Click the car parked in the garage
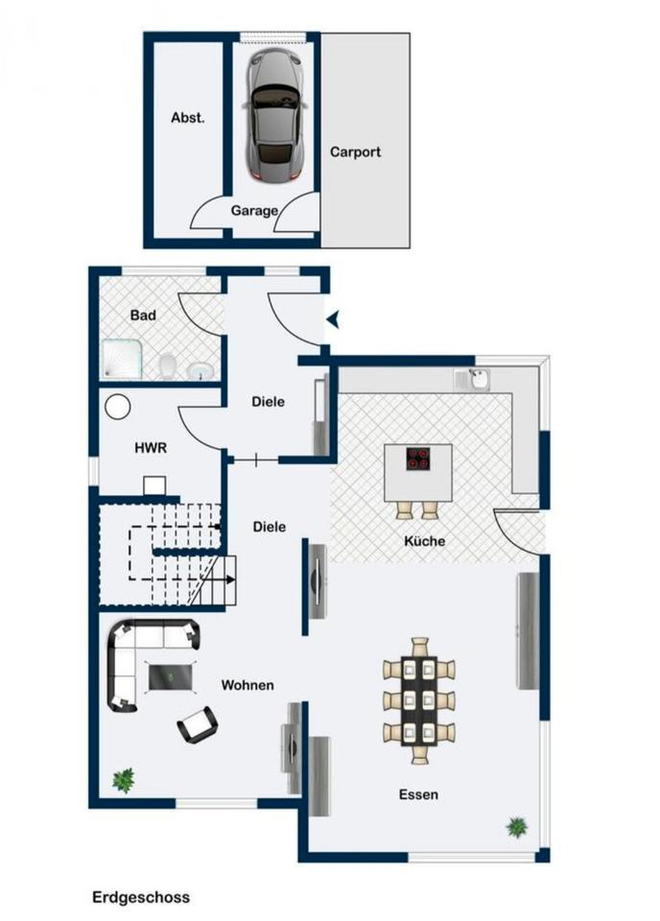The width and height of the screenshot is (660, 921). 275,115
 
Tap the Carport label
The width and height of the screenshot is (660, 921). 355,153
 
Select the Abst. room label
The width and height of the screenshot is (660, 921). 188,117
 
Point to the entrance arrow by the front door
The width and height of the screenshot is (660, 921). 333,320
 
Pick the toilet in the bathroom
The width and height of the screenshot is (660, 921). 168,366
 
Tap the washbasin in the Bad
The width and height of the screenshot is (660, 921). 200,370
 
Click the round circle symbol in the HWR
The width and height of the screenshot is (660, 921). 118,407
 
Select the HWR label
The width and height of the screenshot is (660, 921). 151,448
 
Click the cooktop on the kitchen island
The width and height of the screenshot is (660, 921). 418,460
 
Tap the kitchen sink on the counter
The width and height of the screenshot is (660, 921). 480,379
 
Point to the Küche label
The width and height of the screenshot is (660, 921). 425,541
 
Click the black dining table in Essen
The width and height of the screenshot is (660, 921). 419,700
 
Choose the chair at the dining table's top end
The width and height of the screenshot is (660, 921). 420,647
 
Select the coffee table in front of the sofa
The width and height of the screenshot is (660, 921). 170,677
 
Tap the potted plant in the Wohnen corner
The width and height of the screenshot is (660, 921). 124,781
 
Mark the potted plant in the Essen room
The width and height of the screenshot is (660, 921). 517,827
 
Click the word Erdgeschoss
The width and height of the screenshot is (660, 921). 141,898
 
